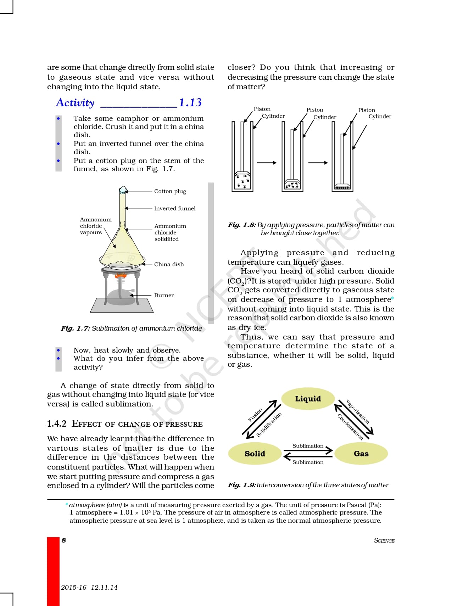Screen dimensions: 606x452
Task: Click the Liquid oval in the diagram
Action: coord(308,399)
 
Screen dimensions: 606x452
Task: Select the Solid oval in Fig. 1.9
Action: coord(255,454)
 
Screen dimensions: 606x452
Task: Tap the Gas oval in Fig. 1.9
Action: coord(361,454)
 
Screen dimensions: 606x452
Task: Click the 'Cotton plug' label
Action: coord(170,191)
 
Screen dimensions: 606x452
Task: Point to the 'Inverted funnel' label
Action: coord(174,208)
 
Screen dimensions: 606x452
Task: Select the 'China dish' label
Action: coord(169,264)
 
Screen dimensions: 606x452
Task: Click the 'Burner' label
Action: coord(164,295)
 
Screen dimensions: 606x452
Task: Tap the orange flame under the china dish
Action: coord(121,275)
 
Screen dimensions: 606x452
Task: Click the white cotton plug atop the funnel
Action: coord(123,190)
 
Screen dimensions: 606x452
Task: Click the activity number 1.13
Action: coord(190,102)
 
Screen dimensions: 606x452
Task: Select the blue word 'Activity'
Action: coord(75,103)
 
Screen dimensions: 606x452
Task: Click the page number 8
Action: coord(64,540)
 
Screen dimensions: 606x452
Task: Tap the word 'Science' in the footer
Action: coord(384,540)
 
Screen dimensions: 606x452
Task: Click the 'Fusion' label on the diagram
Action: coord(255,415)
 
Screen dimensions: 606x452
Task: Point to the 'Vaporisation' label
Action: coord(357,412)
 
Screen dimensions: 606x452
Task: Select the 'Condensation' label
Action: coord(350,427)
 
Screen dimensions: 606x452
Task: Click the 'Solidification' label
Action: coord(269,425)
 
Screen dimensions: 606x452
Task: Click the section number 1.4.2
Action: coord(57,424)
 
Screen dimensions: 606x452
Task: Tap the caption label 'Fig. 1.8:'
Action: coord(242,225)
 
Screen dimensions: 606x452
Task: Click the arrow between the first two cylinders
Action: coord(267,163)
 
